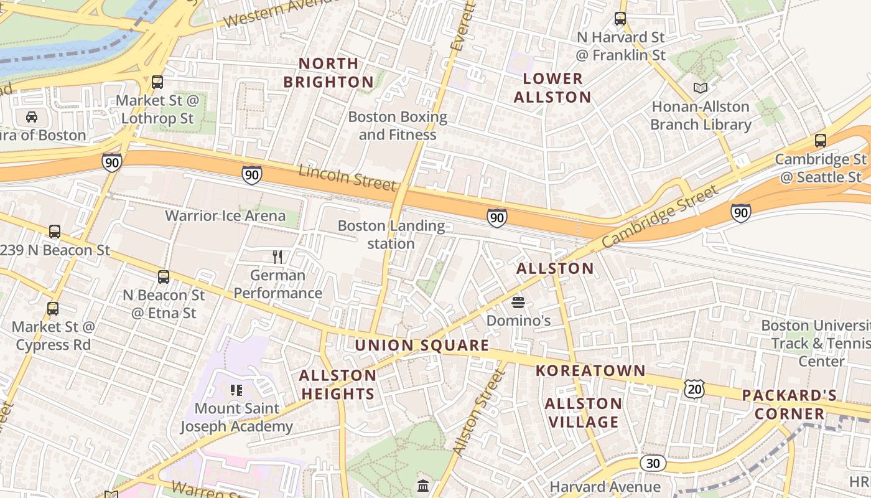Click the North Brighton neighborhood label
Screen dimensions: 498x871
(328, 72)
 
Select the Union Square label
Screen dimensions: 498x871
(422, 345)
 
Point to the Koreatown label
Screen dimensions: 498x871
(591, 371)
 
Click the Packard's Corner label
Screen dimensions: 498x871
(789, 405)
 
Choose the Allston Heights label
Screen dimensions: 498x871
(338, 384)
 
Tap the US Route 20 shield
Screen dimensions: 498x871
(694, 389)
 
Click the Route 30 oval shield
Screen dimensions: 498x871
(653, 463)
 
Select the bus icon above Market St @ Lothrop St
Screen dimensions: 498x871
(157, 82)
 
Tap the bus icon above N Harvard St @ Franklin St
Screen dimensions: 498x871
(620, 19)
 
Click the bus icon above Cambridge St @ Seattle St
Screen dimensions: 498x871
(821, 141)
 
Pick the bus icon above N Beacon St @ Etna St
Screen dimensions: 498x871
(164, 277)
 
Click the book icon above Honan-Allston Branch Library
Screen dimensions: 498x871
(701, 88)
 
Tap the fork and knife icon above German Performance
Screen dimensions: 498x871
(277, 256)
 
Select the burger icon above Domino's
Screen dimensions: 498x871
(518, 303)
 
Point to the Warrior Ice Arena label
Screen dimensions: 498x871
(225, 216)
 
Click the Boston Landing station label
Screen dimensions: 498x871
(391, 235)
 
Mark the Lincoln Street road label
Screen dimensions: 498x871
(347, 177)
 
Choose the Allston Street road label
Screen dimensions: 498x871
(477, 411)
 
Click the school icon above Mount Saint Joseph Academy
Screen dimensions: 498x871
(236, 390)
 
